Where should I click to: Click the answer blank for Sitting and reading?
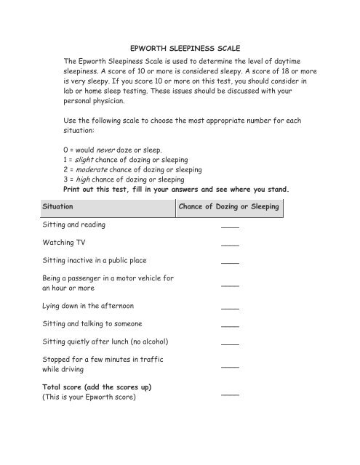point(230,229)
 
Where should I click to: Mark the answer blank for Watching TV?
point(230,246)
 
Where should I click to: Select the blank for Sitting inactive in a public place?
point(230,262)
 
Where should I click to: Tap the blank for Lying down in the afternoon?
point(230,309)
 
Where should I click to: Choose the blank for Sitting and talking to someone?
point(230,326)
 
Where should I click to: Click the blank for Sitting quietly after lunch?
point(230,343)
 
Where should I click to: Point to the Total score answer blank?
point(230,395)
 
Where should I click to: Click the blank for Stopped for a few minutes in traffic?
point(230,368)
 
